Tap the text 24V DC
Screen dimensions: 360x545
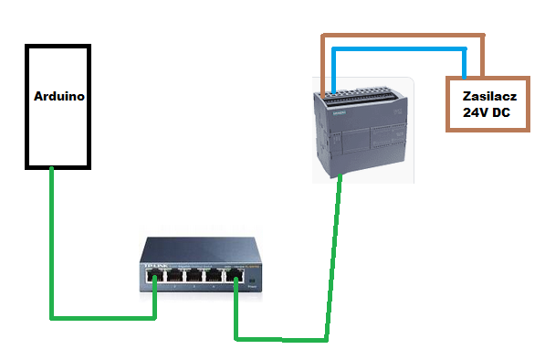point(486,113)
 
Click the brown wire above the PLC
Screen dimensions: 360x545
point(402,37)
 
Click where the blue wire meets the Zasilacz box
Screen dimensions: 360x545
point(466,77)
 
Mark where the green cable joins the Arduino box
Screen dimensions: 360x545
point(52,170)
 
